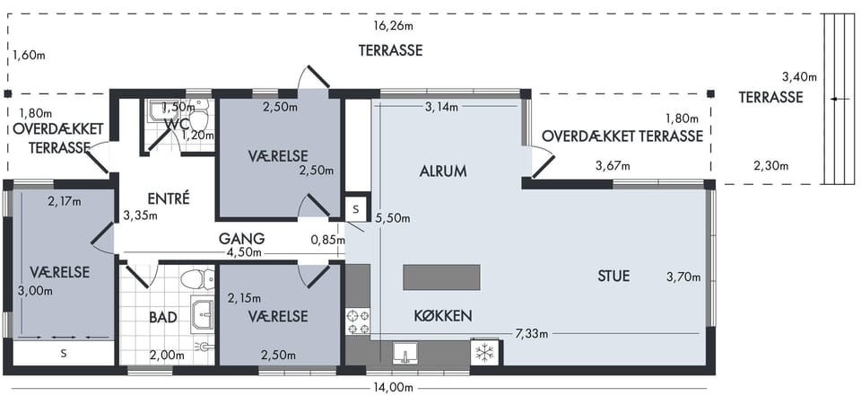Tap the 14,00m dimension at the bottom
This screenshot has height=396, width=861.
point(392,389)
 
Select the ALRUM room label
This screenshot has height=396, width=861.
point(442,171)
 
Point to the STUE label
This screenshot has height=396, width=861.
point(613,276)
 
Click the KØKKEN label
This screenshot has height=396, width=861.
point(442,316)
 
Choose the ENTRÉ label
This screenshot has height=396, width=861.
point(169,198)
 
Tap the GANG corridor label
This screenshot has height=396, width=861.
point(241,239)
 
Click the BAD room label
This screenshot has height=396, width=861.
point(163,317)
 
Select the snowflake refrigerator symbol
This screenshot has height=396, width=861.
point(484,353)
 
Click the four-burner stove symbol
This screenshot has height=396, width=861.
point(358,322)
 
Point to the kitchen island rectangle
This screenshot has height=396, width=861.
point(441,277)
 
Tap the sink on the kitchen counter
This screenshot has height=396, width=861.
point(405,353)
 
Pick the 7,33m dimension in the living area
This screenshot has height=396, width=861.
point(533,333)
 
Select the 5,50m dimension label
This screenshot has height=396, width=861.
point(392,218)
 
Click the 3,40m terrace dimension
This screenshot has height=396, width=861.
point(799,77)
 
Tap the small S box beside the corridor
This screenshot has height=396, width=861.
point(356,209)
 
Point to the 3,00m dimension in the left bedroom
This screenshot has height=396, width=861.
point(36,290)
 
